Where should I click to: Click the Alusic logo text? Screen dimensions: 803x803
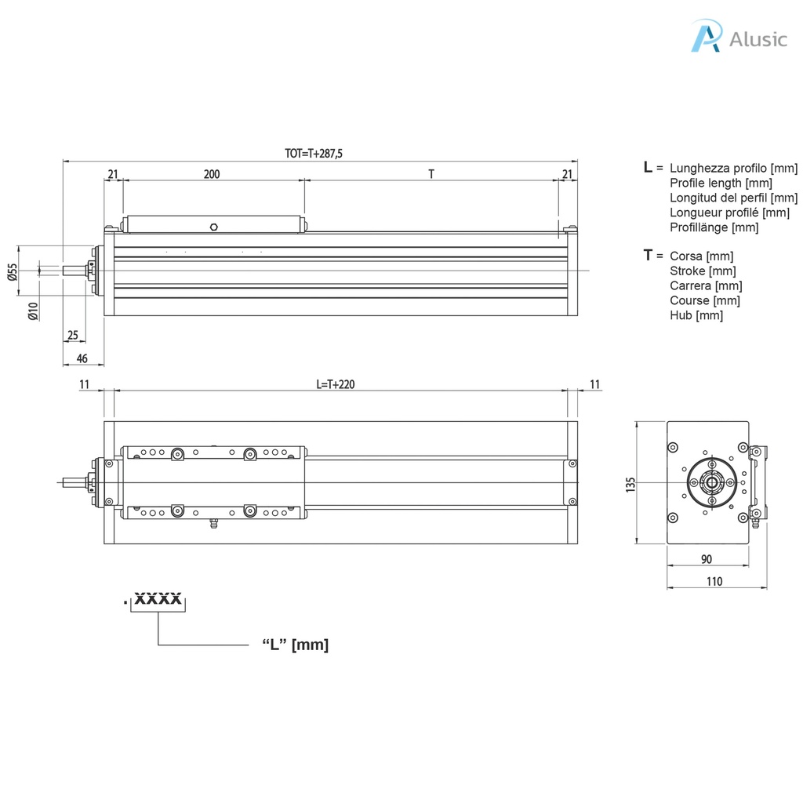[x=757, y=39]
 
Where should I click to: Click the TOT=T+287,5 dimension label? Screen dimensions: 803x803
[x=314, y=154]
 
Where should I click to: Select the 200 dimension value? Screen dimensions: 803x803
[x=212, y=174]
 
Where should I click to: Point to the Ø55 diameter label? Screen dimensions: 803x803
[x=12, y=272]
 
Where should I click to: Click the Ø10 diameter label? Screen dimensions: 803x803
[x=32, y=312]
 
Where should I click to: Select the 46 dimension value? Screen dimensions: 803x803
[x=82, y=358]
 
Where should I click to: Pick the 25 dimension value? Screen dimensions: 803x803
[x=73, y=336]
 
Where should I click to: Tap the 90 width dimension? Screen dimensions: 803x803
[x=706, y=559]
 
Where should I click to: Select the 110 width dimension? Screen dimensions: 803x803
[x=714, y=581]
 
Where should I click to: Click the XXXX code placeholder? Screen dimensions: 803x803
[x=158, y=600]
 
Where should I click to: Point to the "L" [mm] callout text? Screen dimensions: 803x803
[x=295, y=645]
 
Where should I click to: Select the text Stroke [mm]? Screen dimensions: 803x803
[x=703, y=271]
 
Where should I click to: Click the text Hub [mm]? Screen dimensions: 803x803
[x=696, y=315]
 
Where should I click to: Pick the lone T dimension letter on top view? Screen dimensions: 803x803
[x=431, y=174]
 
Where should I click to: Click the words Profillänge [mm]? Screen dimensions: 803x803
[x=714, y=227]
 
